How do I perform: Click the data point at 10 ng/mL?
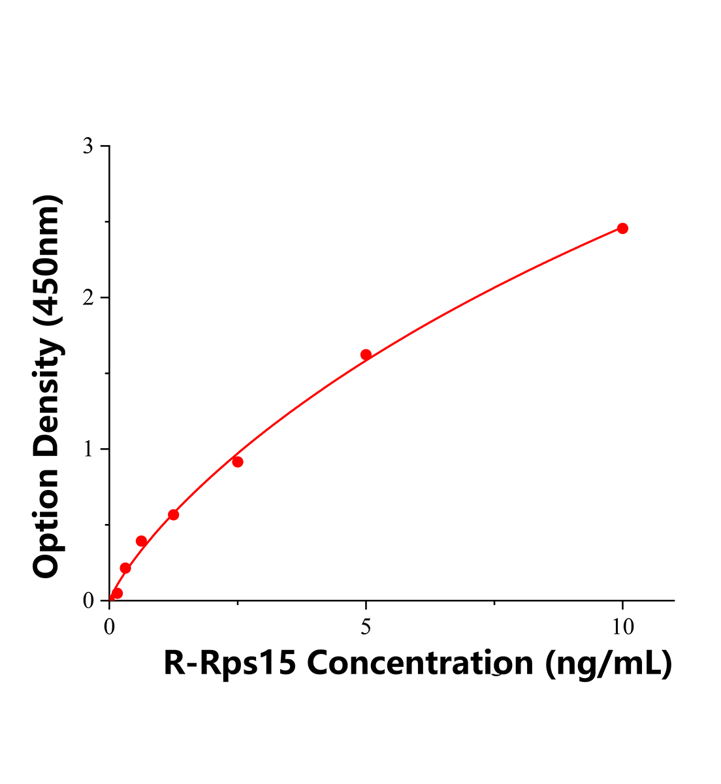click(622, 229)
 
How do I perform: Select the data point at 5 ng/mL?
click(366, 355)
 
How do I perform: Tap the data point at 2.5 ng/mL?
click(238, 462)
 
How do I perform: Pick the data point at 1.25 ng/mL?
click(173, 515)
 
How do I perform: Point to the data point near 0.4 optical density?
click(141, 541)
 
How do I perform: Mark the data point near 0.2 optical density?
click(125, 568)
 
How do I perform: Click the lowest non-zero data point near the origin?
click(117, 593)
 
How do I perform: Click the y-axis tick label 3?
click(88, 146)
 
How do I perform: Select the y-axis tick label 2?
click(88, 298)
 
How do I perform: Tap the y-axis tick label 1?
click(88, 449)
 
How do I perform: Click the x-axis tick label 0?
click(110, 627)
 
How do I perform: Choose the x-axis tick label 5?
click(366, 627)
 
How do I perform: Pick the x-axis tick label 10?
click(622, 627)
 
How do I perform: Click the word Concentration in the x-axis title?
click(420, 664)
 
